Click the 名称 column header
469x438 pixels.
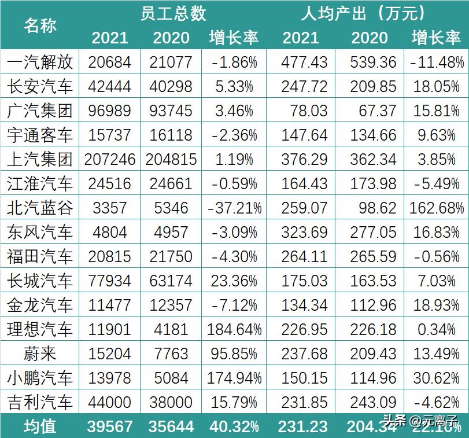click(40, 25)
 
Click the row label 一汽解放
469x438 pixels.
click(40, 62)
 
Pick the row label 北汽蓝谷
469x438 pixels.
click(40, 208)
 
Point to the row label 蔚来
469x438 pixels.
click(40, 354)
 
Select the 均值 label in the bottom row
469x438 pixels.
click(40, 426)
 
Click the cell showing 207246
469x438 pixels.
click(110, 159)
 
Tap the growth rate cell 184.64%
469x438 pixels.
click(234, 330)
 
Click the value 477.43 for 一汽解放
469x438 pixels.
click(305, 62)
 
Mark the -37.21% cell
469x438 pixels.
click(234, 208)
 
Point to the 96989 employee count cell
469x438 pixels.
click(110, 111)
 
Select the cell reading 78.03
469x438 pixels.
click(305, 111)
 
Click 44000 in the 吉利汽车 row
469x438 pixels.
click(110, 403)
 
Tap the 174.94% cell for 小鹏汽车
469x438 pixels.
click(234, 378)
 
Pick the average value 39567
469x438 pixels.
click(110, 426)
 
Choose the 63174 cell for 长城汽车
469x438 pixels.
click(171, 281)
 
